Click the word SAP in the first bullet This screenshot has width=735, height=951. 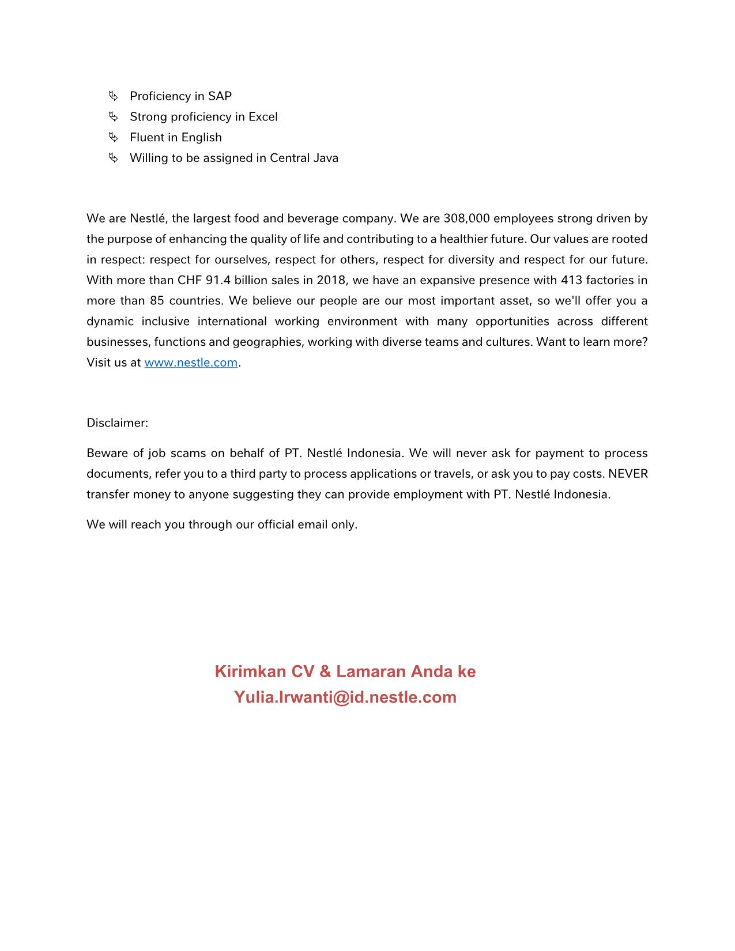(x=220, y=96)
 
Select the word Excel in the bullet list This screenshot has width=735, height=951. (x=263, y=117)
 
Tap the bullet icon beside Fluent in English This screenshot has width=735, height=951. (x=113, y=137)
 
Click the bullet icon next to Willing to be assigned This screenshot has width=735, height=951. (x=113, y=158)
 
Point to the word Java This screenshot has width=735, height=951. (x=325, y=158)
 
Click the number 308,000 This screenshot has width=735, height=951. (x=466, y=218)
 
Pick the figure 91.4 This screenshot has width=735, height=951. (x=218, y=280)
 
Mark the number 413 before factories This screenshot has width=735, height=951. (x=571, y=280)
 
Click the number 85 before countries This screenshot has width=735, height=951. (x=157, y=301)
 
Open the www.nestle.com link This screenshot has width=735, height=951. (x=191, y=363)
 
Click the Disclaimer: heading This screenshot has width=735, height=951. (x=118, y=423)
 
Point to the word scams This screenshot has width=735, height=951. (x=188, y=453)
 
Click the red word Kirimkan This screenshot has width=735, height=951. (x=250, y=671)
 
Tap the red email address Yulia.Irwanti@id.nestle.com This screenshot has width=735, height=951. (x=345, y=697)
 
